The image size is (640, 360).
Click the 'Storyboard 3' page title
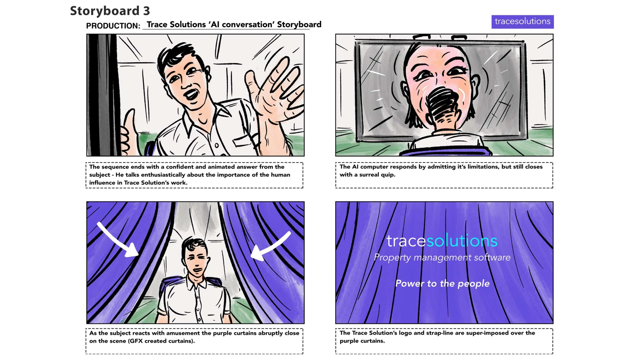110,11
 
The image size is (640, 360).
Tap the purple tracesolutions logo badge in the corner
522,22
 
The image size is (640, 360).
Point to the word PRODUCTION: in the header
113,26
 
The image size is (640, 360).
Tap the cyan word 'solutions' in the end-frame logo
462,241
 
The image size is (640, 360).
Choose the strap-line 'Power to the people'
442,283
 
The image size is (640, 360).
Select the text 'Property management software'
442,257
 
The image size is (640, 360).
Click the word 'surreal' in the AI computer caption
370,175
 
